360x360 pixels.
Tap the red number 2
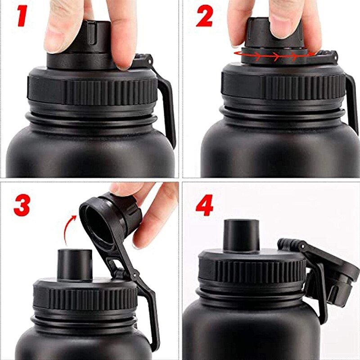tap(204, 17)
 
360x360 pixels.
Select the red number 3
tap(22, 205)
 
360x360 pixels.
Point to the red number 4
tap(204, 206)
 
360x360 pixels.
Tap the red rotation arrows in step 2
tap(274, 55)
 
